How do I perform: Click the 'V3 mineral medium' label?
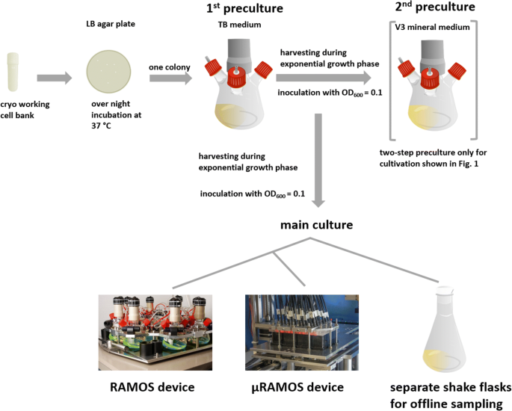click(438, 28)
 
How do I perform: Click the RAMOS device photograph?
click(157, 332)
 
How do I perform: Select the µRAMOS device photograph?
click(298, 332)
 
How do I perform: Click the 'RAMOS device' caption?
click(152, 387)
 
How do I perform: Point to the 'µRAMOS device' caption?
click(299, 387)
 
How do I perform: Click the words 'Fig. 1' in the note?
click(463, 164)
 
